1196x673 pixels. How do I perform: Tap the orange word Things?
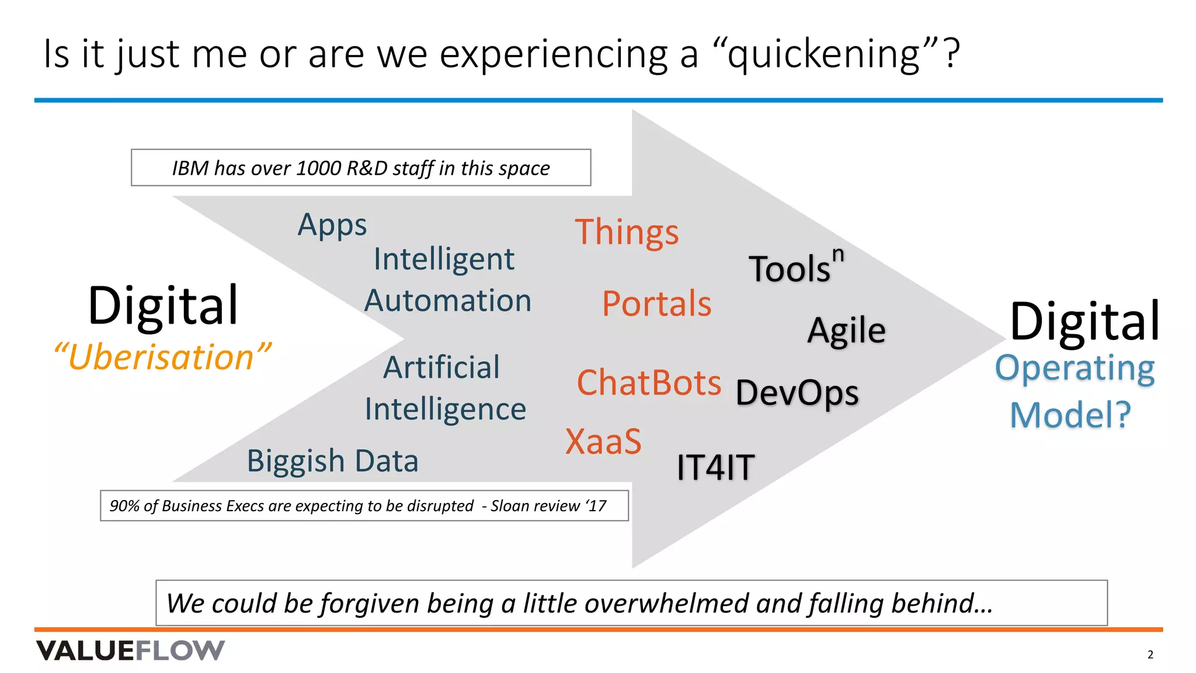coord(627,233)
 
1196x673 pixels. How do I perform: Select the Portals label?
coord(656,304)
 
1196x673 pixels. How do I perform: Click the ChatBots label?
coord(649,383)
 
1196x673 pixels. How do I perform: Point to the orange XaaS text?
coord(603,441)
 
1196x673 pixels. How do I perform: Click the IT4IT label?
coord(715,467)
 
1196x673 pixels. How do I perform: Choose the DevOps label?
coord(797,393)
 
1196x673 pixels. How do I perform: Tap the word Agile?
coord(846,331)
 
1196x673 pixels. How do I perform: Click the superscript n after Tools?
coord(838,255)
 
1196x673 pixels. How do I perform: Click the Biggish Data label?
coord(332,461)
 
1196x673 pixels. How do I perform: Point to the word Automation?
coord(448,301)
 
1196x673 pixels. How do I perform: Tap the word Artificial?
coord(441,367)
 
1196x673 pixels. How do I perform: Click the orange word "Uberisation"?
coord(162,357)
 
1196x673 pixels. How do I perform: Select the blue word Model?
coord(1070,415)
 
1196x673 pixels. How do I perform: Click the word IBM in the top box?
coord(190,168)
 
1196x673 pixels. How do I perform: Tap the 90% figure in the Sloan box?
coord(124,506)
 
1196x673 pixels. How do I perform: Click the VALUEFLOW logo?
coord(130,650)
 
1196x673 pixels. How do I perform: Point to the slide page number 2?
coord(1150,654)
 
